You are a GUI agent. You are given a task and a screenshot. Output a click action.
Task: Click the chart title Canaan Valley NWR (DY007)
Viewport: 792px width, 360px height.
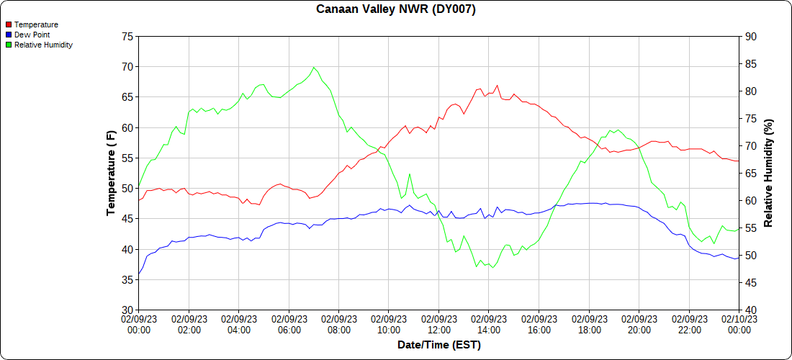(x=396, y=9)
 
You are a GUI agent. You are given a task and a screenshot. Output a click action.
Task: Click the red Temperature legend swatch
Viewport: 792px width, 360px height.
(x=9, y=24)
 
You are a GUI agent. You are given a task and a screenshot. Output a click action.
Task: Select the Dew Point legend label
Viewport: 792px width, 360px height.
(x=32, y=35)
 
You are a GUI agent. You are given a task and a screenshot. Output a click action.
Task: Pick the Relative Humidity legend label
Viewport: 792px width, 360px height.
(x=43, y=45)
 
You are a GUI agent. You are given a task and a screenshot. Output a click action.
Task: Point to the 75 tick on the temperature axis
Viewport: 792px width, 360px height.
(x=127, y=36)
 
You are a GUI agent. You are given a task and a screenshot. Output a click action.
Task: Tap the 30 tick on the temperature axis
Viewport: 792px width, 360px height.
(x=127, y=310)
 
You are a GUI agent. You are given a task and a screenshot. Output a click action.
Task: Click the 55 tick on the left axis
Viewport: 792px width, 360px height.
(x=127, y=158)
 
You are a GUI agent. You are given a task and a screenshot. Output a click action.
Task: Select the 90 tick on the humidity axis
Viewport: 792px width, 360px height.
(x=750, y=36)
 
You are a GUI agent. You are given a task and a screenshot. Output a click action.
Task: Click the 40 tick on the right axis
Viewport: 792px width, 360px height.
(x=750, y=310)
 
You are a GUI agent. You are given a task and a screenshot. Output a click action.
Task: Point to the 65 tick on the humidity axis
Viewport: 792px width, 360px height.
(x=750, y=174)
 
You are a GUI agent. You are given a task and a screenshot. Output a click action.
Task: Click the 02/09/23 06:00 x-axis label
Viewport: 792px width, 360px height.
(x=289, y=325)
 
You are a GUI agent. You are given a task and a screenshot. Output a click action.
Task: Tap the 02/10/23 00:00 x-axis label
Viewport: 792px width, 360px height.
(x=739, y=325)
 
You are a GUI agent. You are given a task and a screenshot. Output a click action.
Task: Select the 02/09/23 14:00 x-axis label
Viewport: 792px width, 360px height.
(x=489, y=325)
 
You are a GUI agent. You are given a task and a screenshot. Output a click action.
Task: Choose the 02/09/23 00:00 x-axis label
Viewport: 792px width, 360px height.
(x=139, y=325)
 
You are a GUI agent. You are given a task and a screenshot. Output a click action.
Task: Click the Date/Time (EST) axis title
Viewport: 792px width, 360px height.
(x=438, y=345)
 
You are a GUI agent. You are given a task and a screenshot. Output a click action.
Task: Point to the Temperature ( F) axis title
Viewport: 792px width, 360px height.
(x=112, y=173)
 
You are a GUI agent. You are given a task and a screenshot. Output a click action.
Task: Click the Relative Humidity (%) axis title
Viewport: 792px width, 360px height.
(x=768, y=173)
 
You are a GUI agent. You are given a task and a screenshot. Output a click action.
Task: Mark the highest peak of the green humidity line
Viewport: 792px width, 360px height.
(x=313, y=67)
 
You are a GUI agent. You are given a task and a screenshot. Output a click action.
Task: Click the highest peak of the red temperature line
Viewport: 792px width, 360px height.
(x=497, y=85)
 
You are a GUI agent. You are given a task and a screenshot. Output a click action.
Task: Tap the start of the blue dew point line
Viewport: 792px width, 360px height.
(x=139, y=274)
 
